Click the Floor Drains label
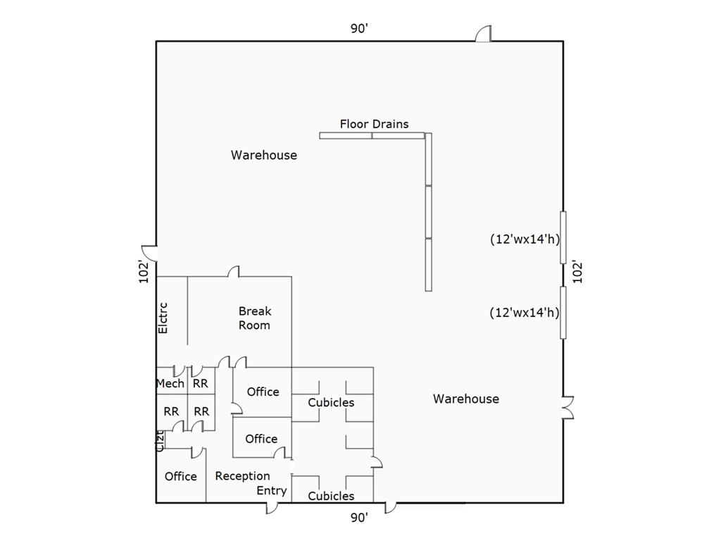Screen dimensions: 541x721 tap(374, 124)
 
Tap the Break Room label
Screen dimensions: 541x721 tap(254, 318)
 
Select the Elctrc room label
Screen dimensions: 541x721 tap(163, 318)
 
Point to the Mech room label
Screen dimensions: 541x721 tap(170, 383)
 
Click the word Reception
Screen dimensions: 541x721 tap(242, 476)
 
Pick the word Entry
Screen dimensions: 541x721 tap(271, 490)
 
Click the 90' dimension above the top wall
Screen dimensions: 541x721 tap(360, 29)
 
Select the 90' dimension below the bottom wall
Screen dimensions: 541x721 tap(359, 518)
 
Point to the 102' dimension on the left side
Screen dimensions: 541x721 tap(144, 272)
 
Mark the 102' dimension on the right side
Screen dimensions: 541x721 tap(577, 272)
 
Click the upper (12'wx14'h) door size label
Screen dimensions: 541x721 tap(525, 239)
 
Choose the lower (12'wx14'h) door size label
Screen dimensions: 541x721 tap(525, 312)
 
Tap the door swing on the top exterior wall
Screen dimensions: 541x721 tap(483, 35)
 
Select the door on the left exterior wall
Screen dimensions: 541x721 tap(149, 252)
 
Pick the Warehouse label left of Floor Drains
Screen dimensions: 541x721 tap(264, 155)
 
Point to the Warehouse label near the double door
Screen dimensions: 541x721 tap(466, 399)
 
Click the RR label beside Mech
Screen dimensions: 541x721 tap(200, 383)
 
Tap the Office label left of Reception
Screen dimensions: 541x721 tap(180, 476)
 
